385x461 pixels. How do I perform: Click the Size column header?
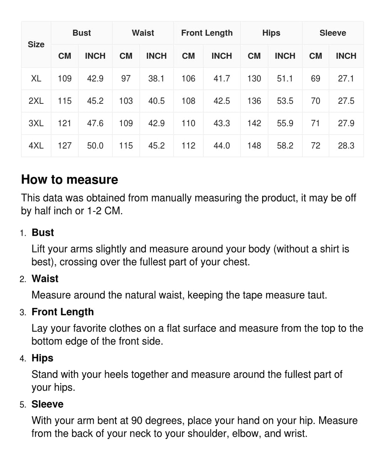tap(36, 45)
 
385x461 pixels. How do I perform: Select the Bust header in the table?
tap(82, 33)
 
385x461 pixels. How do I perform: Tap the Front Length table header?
tap(207, 33)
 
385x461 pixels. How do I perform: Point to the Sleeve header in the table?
tap(333, 33)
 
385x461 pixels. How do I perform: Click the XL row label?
tap(36, 78)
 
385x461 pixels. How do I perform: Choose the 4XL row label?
tap(36, 146)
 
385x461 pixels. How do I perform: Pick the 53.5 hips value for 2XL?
tap(285, 101)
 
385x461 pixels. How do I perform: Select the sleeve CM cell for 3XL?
tap(315, 123)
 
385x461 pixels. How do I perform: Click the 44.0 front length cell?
tap(222, 146)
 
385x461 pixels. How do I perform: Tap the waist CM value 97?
tap(126, 78)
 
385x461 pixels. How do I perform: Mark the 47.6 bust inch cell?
tap(95, 123)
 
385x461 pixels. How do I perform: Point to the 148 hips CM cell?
tap(254, 146)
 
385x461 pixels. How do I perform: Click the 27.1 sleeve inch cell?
tap(346, 78)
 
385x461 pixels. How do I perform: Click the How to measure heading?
tap(70, 180)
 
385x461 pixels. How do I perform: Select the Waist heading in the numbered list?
tap(45, 279)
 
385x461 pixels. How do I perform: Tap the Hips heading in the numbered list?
tap(42, 358)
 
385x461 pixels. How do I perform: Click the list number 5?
tap(23, 405)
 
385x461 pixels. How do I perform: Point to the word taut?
tap(316, 295)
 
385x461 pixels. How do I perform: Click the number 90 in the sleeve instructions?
tap(137, 421)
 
